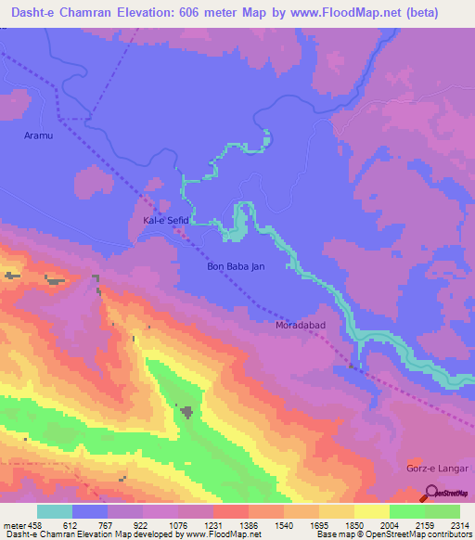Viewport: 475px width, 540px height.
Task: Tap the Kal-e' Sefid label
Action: click(x=165, y=222)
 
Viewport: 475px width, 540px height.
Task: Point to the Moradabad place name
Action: click(x=300, y=327)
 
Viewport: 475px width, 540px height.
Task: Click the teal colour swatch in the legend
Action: click(x=55, y=512)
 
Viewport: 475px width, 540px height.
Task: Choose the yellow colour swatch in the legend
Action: click(x=372, y=512)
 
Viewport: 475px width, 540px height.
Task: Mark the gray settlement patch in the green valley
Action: click(x=186, y=410)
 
